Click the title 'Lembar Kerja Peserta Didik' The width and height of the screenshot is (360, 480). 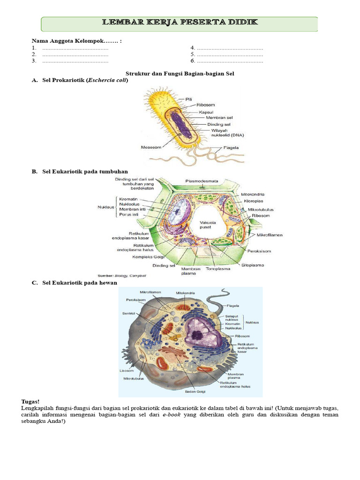coord(180,23)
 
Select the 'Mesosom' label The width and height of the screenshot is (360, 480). coord(150,147)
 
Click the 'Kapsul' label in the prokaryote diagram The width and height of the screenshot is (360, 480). coord(206,112)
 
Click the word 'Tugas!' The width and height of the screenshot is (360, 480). coord(30,402)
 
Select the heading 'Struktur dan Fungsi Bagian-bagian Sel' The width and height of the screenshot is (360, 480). coord(180,74)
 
